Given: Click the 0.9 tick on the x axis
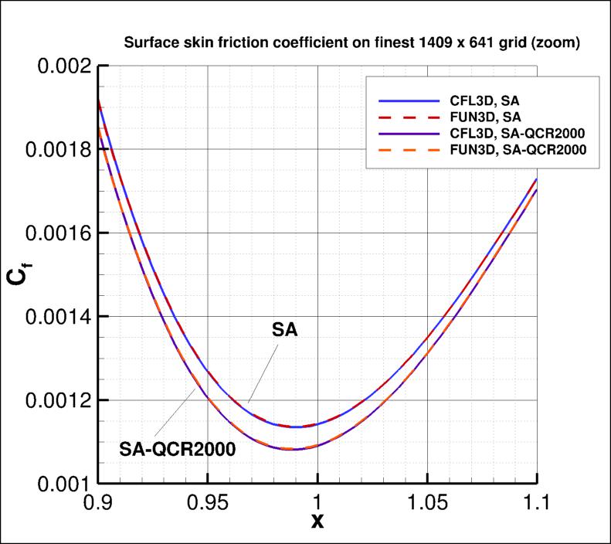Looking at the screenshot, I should (x=98, y=504).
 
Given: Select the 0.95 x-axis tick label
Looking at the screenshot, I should (x=208, y=504).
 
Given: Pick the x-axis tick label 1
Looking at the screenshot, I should (x=318, y=504).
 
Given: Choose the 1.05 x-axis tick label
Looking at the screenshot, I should (x=428, y=504).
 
